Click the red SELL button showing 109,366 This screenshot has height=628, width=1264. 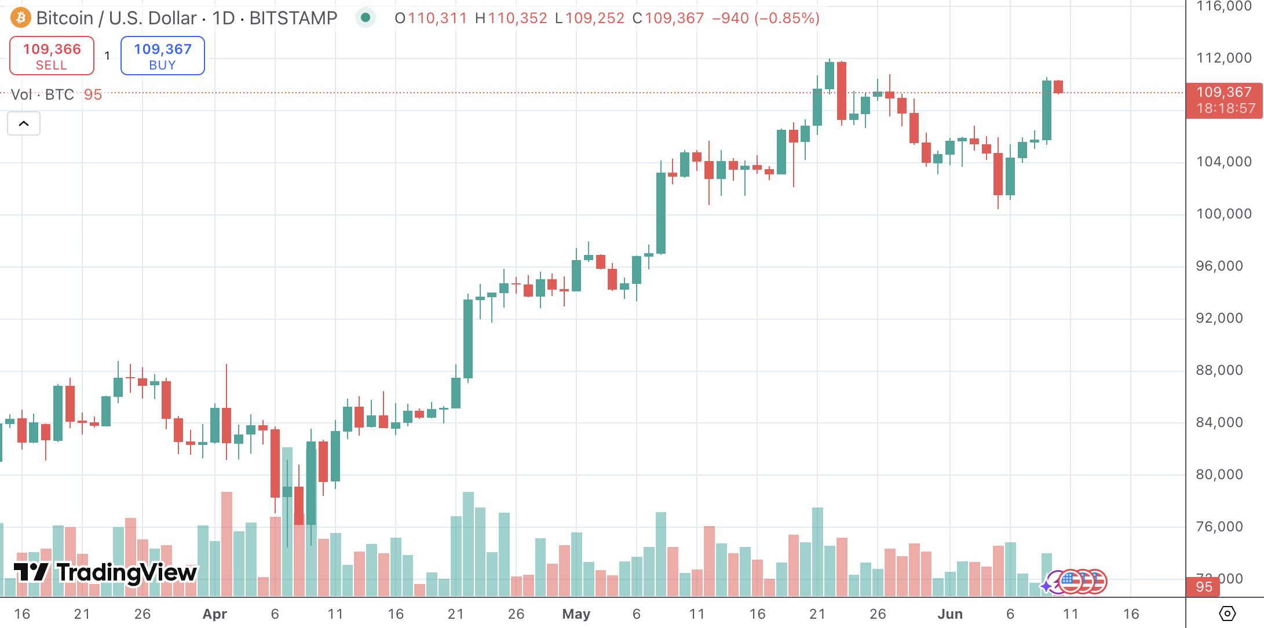point(52,56)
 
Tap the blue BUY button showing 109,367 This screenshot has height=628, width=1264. point(162,56)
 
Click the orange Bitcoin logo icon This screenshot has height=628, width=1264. point(21,18)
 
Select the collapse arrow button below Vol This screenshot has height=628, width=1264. point(24,123)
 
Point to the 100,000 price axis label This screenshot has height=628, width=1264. point(1223,214)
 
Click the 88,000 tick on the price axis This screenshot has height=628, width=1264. point(1219,370)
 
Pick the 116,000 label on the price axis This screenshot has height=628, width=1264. point(1223,6)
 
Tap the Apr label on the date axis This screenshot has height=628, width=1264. point(214,614)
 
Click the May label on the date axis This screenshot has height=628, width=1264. point(576,614)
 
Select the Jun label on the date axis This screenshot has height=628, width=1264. point(950,614)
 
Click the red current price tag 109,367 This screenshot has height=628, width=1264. point(1224,100)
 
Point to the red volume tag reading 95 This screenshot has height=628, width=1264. point(1204,586)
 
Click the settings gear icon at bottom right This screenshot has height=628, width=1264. point(1227,613)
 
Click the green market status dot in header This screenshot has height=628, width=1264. point(366,18)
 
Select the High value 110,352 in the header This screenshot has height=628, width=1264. point(517,19)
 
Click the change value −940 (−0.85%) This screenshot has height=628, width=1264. point(765,19)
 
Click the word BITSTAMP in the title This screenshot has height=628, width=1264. point(293,19)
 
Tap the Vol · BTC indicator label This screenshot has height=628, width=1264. point(42,94)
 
